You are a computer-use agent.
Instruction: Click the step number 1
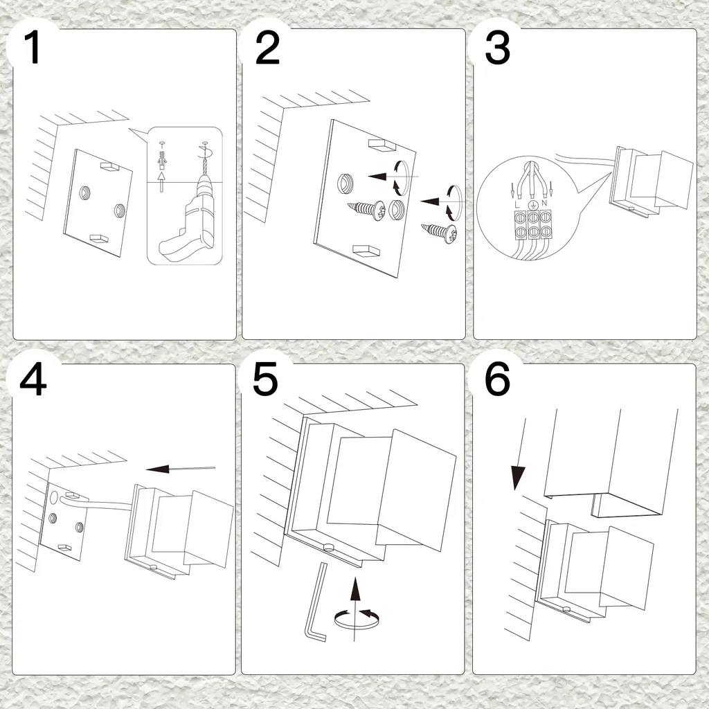tap(32, 48)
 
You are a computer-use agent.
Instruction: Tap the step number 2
tap(267, 48)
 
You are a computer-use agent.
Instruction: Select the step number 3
tap(497, 48)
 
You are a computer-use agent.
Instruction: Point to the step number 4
tap(33, 380)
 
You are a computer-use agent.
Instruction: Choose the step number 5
tap(265, 380)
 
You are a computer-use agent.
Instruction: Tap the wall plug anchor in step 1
tap(161, 160)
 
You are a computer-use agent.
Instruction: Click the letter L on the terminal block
tap(517, 205)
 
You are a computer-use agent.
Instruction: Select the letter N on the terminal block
tap(544, 204)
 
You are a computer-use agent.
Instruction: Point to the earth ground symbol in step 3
tap(532, 204)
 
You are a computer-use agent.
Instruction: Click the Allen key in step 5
tap(316, 602)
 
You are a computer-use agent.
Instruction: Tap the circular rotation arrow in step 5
tap(357, 620)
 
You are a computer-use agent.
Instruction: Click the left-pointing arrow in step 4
tap(181, 469)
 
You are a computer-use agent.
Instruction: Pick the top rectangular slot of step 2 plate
tap(382, 145)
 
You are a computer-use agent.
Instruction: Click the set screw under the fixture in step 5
tap(328, 548)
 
